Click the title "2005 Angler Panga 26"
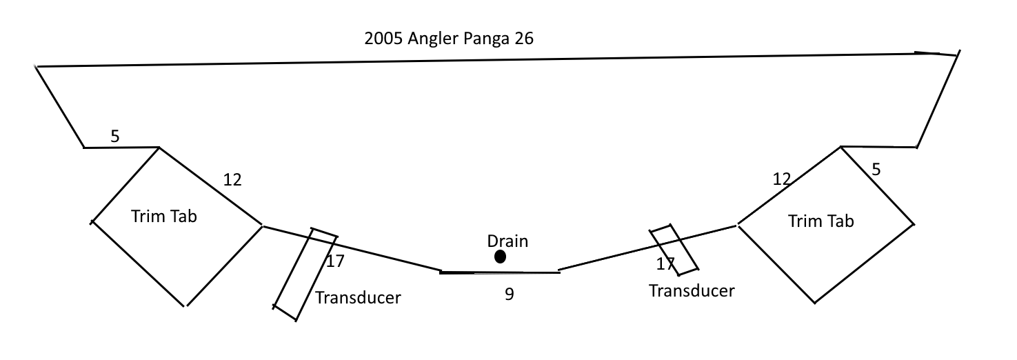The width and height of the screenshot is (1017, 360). [449, 39]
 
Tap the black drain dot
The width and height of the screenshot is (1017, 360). [501, 257]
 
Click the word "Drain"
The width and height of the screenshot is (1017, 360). [507, 241]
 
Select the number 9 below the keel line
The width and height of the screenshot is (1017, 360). [510, 294]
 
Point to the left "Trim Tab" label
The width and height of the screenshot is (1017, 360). [164, 216]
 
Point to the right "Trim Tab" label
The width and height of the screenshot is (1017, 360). [820, 221]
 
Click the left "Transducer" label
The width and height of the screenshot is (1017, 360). [358, 298]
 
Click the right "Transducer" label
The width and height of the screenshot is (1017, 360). [692, 290]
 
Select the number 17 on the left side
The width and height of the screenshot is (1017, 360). [335, 261]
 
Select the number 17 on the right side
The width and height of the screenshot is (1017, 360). [665, 263]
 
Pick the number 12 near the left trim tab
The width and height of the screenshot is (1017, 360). [232, 180]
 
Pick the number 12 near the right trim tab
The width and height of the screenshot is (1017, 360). [781, 180]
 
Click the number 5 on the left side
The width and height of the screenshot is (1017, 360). [115, 137]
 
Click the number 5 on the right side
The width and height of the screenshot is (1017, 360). [876, 169]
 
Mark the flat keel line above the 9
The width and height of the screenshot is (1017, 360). [500, 272]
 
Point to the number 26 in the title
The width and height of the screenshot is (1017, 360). [524, 39]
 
